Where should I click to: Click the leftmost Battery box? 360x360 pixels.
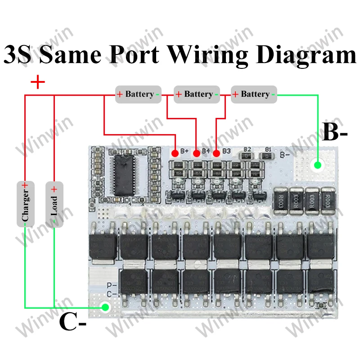(138, 94)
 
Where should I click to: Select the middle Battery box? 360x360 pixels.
(197, 94)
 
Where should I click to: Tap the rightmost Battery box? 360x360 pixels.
(254, 94)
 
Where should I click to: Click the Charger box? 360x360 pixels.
(25, 204)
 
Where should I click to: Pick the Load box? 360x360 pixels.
(54, 204)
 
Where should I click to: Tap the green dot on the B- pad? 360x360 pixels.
(318, 166)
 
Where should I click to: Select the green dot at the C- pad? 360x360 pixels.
(105, 308)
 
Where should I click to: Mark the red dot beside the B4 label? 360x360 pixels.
(196, 153)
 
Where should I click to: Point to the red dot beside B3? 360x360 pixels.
(216, 153)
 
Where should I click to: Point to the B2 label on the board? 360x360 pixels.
(247, 149)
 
